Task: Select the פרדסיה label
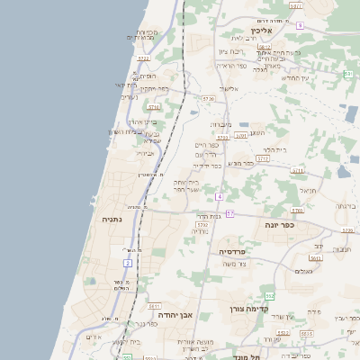click(212, 251)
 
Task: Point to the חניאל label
click(309, 190)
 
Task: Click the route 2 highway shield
click(128, 263)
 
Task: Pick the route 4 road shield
click(219, 195)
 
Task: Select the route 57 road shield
click(229, 213)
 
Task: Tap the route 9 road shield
click(300, 26)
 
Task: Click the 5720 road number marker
click(209, 98)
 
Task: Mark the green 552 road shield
click(269, 295)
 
